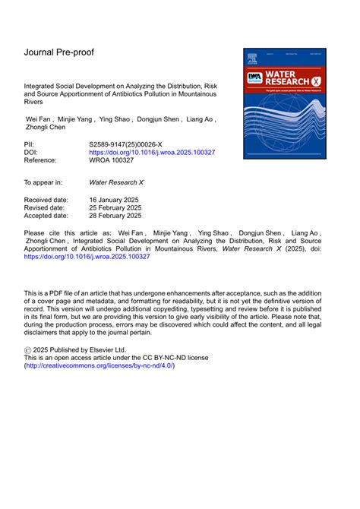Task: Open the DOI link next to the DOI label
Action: (152, 152)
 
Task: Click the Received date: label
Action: (46, 199)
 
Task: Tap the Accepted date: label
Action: (47, 217)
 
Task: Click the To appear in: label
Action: (43, 182)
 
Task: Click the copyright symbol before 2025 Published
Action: (29, 348)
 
